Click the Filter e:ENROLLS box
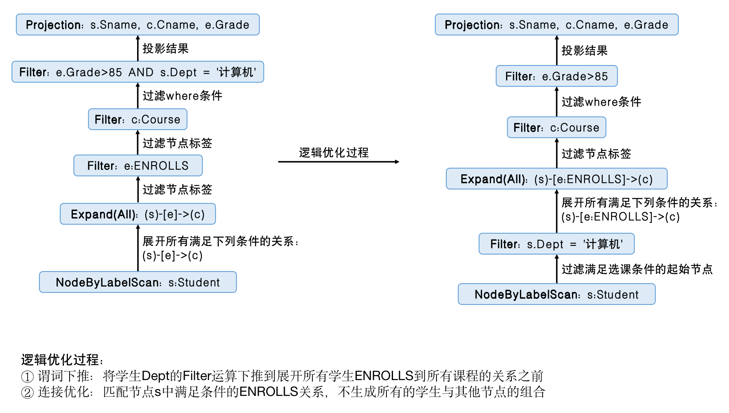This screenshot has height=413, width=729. click(x=138, y=165)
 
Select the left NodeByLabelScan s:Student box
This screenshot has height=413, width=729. click(x=138, y=282)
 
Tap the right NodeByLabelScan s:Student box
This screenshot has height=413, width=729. click(x=557, y=294)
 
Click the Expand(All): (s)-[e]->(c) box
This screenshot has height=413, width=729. click(x=138, y=214)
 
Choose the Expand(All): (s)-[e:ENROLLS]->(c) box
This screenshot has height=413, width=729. click(x=557, y=179)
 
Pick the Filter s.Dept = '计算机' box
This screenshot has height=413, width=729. click(x=557, y=244)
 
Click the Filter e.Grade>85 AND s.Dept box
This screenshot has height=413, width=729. click(x=138, y=72)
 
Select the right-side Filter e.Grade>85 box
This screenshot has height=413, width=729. click(x=557, y=76)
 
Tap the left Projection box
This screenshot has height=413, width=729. click(x=138, y=25)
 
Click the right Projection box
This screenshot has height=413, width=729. click(x=557, y=25)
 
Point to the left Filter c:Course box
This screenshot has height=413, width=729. click(x=138, y=120)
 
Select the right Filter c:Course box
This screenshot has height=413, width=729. click(x=557, y=128)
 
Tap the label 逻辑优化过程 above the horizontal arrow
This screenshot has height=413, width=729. click(x=334, y=152)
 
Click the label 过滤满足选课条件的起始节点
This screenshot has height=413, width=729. click(x=637, y=269)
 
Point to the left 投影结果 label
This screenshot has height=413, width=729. click(x=166, y=49)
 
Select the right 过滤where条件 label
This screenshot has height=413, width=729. click(x=601, y=102)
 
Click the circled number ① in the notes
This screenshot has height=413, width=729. click(x=27, y=376)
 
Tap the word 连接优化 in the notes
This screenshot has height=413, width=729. click(x=63, y=392)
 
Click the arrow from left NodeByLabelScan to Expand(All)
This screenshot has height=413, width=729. click(x=138, y=248)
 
